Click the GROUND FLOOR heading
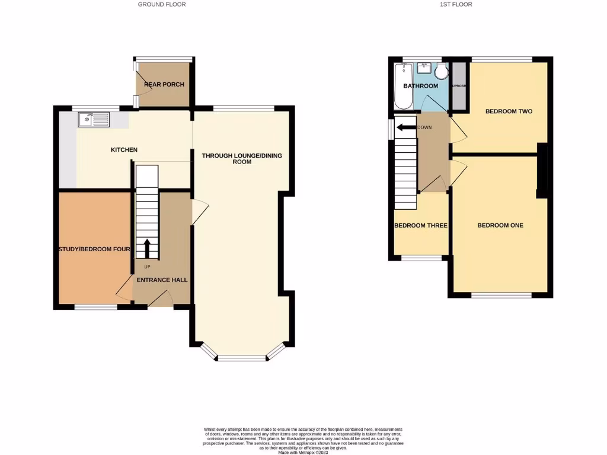(162, 4)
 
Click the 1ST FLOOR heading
(456, 4)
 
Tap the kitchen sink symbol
(94, 120)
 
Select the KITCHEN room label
(124, 150)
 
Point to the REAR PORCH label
(164, 85)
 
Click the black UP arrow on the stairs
(147, 248)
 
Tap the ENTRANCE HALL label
(162, 280)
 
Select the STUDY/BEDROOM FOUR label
(94, 249)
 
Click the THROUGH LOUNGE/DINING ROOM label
(242, 158)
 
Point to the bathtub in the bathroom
(401, 87)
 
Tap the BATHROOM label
(420, 86)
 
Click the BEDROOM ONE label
(500, 225)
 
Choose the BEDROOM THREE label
(421, 226)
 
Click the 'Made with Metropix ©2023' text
(303, 453)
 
